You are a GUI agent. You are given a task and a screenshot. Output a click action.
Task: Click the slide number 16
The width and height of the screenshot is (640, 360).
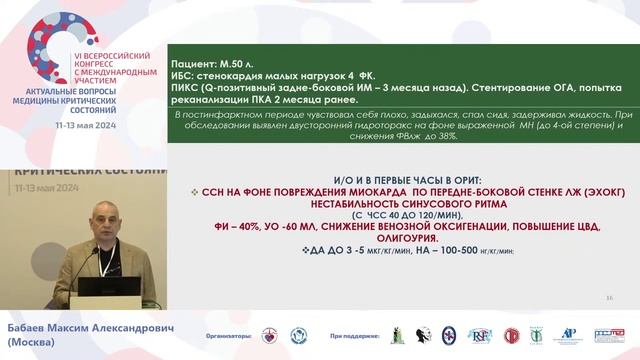click(x=609, y=298)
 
